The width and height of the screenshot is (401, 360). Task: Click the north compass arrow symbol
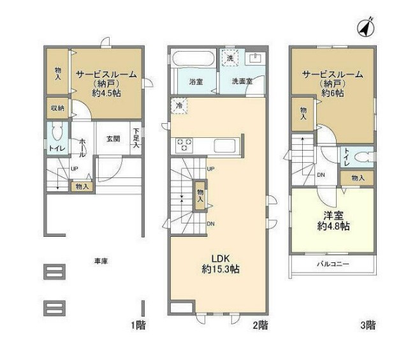coord(366,27)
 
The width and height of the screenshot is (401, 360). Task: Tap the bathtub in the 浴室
coord(193,59)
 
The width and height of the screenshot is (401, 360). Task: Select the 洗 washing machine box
coord(230,58)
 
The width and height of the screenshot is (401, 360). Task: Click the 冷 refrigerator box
coord(180,105)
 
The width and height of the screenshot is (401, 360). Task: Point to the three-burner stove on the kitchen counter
coord(184,145)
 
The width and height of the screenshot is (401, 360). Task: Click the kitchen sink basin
coord(224,145)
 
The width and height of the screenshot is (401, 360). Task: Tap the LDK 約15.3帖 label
coord(221,264)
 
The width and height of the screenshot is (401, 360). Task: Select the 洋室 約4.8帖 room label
coord(333,221)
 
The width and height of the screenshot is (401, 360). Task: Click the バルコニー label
coord(333,264)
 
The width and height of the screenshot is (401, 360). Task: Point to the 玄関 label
coord(113,139)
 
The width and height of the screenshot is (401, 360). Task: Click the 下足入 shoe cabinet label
coord(136,139)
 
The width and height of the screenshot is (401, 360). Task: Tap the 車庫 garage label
coord(101,261)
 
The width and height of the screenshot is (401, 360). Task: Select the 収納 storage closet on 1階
coord(57,108)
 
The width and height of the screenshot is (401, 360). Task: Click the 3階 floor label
coord(368,325)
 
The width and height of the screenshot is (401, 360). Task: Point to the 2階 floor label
coord(260,325)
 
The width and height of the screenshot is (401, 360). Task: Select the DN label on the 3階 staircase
coord(321,175)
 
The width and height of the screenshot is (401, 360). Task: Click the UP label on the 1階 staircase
coord(74,169)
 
